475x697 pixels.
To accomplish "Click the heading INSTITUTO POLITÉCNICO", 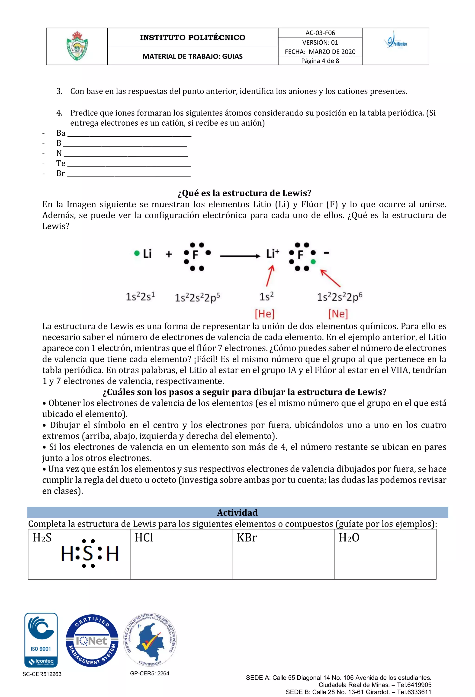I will tap(193, 37).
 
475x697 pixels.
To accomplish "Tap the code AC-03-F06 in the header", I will tap(320, 33).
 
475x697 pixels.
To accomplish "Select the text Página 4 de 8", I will tap(320, 61).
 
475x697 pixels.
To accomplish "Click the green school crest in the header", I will tap(77, 46).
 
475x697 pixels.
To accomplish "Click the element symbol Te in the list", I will tap(61, 163).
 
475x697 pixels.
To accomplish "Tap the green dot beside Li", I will tap(137, 254).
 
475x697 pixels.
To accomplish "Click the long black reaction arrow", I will tap(240, 256).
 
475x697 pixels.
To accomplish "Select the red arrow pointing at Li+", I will tap(270, 276).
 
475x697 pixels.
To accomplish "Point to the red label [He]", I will tap(264, 314).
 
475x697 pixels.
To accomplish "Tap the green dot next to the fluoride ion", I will tap(313, 262).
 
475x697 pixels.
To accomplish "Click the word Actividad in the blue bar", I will tap(237, 513).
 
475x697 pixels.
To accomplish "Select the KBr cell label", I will tap(246, 537).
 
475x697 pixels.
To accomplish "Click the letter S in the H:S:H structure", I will tap(88, 553).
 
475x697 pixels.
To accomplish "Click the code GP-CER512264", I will tap(150, 673).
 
